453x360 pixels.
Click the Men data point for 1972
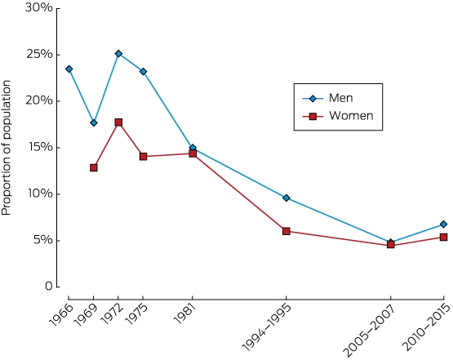[118, 53]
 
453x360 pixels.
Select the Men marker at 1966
[69, 69]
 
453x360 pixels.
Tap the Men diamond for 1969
[94, 122]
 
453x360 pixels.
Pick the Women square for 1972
[118, 122]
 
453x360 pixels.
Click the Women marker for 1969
[94, 167]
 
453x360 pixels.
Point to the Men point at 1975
[143, 71]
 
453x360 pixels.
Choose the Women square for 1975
[143, 156]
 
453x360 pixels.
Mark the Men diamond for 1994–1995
[286, 198]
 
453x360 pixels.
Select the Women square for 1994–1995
[286, 231]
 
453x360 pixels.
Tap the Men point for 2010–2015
[443, 224]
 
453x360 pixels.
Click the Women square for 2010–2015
[443, 238]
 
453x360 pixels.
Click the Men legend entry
[327, 98]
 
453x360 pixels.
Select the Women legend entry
[338, 116]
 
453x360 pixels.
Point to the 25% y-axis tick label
[39, 55]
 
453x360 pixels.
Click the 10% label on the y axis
[40, 193]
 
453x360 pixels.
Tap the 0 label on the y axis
[49, 287]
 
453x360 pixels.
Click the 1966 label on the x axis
[61, 315]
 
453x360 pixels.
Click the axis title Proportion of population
[6, 148]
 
